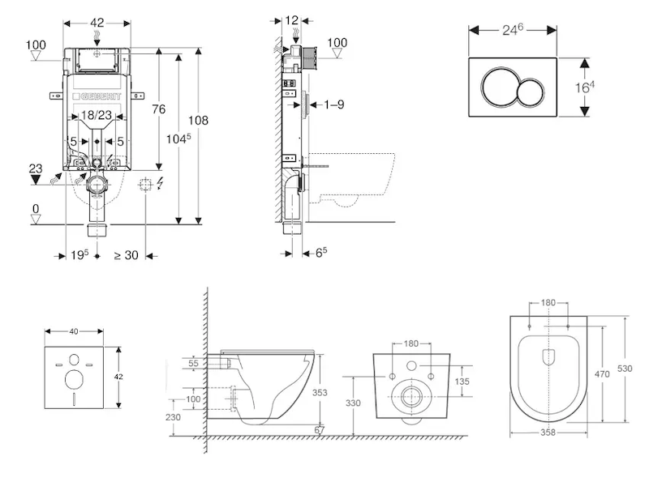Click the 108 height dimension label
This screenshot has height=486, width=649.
click(x=198, y=120)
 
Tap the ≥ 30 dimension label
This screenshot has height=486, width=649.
click(x=126, y=255)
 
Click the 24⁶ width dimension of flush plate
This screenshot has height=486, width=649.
click(x=512, y=30)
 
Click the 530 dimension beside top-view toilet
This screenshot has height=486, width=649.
click(x=625, y=369)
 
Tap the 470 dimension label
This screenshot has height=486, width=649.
click(x=603, y=374)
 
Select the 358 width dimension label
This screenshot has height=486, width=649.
click(x=548, y=433)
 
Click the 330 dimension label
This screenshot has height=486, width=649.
click(x=354, y=403)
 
